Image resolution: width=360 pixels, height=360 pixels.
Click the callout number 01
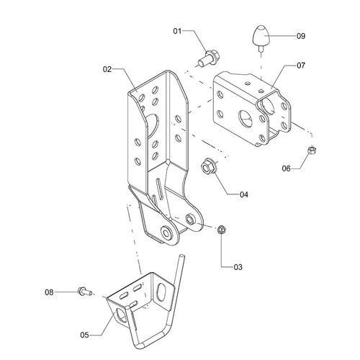[177, 31]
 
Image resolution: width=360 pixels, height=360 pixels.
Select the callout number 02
[107, 69]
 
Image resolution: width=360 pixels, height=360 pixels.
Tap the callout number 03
[238, 267]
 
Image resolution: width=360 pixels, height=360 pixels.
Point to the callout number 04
[244, 194]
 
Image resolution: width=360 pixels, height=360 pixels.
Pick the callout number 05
[84, 335]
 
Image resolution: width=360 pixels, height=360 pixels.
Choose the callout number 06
[286, 168]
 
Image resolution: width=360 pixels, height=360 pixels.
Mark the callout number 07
[301, 66]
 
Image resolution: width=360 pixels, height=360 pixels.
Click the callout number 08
[49, 292]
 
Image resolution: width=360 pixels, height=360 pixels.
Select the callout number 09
[301, 36]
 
